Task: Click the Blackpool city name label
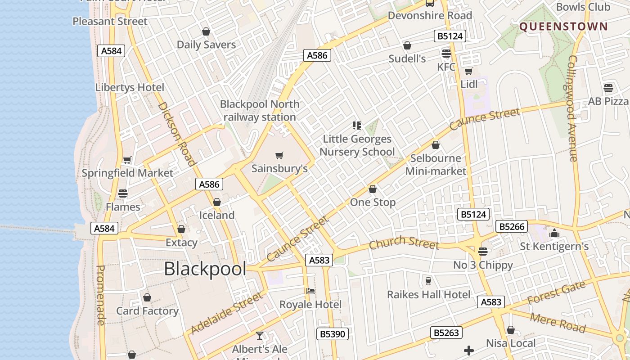[205, 269]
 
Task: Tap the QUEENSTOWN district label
[563, 27]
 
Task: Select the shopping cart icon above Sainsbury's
[279, 156]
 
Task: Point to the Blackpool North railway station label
[260, 111]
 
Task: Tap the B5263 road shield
[446, 333]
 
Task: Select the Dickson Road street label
[176, 134]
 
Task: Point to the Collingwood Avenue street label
[572, 108]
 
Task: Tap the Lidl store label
[469, 84]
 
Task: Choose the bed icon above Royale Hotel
[310, 291]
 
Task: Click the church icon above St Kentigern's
[554, 234]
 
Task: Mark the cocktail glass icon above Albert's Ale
[260, 335]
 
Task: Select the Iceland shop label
[217, 216]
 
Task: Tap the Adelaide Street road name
[226, 313]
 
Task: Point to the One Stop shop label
[373, 202]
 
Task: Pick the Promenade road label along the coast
[101, 295]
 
